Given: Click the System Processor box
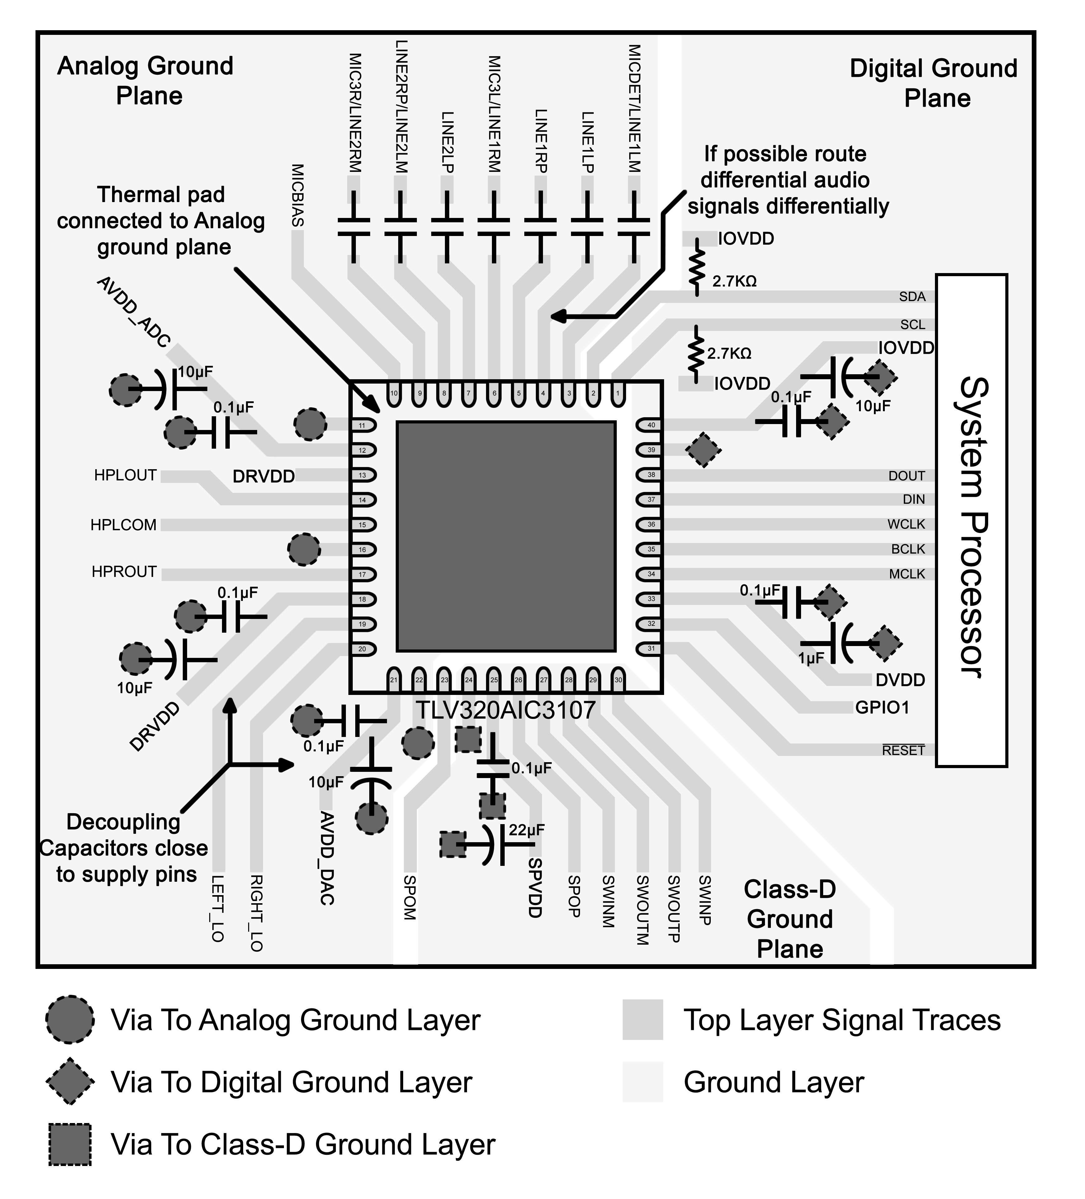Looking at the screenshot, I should [x=971, y=520].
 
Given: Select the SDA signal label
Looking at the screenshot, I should [x=912, y=297].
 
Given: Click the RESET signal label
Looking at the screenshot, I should [x=903, y=751].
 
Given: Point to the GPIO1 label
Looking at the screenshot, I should [x=882, y=708].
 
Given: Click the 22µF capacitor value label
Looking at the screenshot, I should [x=526, y=830].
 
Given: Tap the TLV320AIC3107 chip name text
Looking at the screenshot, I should [x=505, y=710].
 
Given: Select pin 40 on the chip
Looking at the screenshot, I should [x=651, y=425].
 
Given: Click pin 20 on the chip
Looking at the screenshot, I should [x=362, y=649].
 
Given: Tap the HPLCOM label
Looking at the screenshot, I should [x=124, y=525].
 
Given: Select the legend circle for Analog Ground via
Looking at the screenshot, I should [x=70, y=1019].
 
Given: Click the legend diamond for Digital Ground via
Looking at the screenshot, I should [x=70, y=1081].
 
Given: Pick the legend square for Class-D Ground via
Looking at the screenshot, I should [x=70, y=1144].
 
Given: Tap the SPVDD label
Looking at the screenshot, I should [x=535, y=888].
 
